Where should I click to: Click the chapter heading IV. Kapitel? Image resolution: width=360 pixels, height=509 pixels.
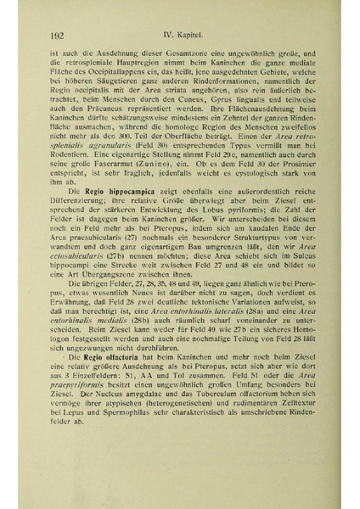pyautogui.click(x=186, y=34)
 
